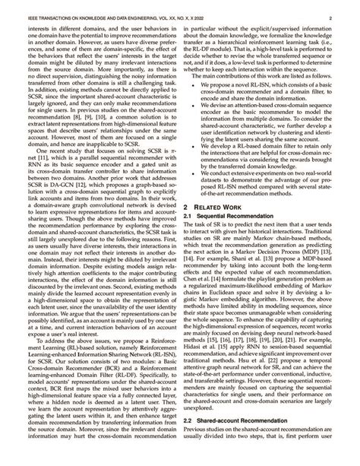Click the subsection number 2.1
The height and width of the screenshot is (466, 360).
pyautogui.click(x=191, y=216)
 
